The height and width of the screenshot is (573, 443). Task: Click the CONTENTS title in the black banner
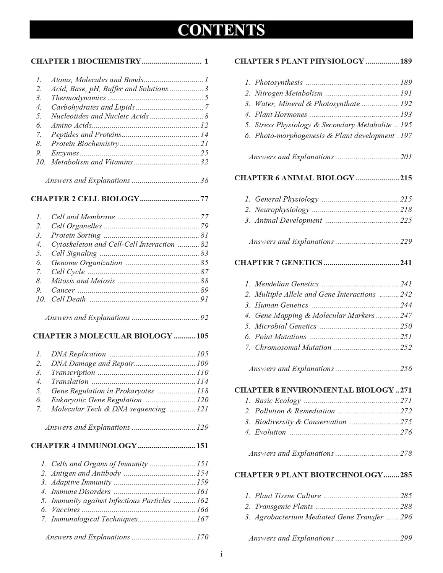tap(221, 30)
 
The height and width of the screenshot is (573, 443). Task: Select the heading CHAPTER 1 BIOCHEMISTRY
tap(86, 61)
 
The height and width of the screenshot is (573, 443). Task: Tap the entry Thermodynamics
tap(78, 98)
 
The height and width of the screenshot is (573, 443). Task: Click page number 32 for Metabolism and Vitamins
tap(204, 162)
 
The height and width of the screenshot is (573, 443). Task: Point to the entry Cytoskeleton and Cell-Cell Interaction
tap(113, 244)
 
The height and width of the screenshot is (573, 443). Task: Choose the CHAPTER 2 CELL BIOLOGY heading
tap(85, 199)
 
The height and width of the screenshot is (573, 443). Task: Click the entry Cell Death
tap(68, 299)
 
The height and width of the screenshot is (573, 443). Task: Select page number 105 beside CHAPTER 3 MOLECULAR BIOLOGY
tap(202, 336)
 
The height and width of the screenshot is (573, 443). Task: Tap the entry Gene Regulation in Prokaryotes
tap(102, 391)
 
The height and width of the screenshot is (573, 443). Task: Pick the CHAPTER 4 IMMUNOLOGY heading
tap(84, 445)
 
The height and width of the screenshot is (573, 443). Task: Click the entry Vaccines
tap(65, 510)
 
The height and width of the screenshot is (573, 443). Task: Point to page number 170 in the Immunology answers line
tap(202, 537)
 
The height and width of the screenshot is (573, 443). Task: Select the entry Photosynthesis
tap(279, 83)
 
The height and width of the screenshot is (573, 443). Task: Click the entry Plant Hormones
tap(281, 114)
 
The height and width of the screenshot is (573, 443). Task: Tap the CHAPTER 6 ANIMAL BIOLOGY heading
tap(294, 178)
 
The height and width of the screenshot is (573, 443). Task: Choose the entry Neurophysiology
tap(282, 210)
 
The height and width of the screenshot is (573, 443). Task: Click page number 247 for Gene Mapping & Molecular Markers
tap(406, 316)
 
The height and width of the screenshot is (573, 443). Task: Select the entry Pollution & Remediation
tap(295, 411)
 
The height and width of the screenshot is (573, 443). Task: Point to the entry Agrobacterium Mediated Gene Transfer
tap(319, 517)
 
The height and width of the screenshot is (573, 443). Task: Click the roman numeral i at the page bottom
tap(221, 555)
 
